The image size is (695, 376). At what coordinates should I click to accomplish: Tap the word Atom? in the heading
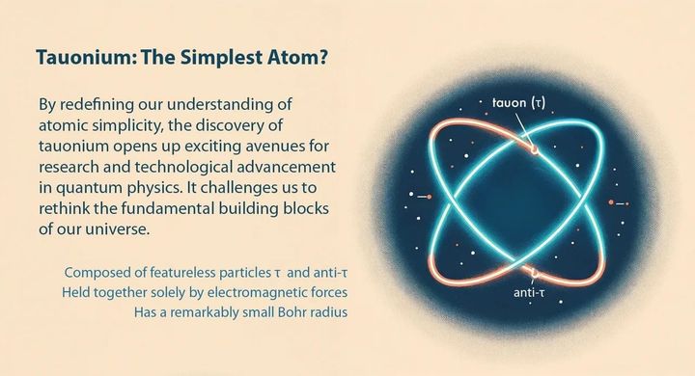(x=304, y=58)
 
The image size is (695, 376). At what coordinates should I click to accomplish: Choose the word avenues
(x=285, y=147)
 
